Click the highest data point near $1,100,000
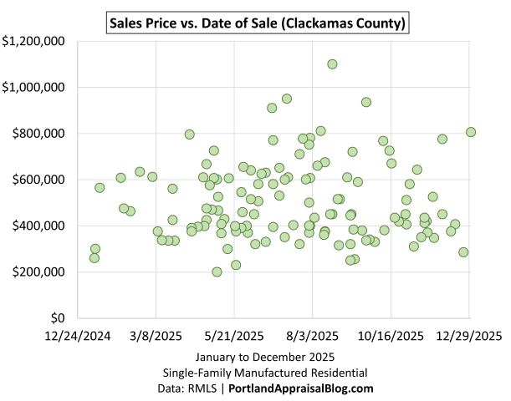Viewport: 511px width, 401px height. (332, 63)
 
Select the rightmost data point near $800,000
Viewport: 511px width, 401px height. (471, 132)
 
